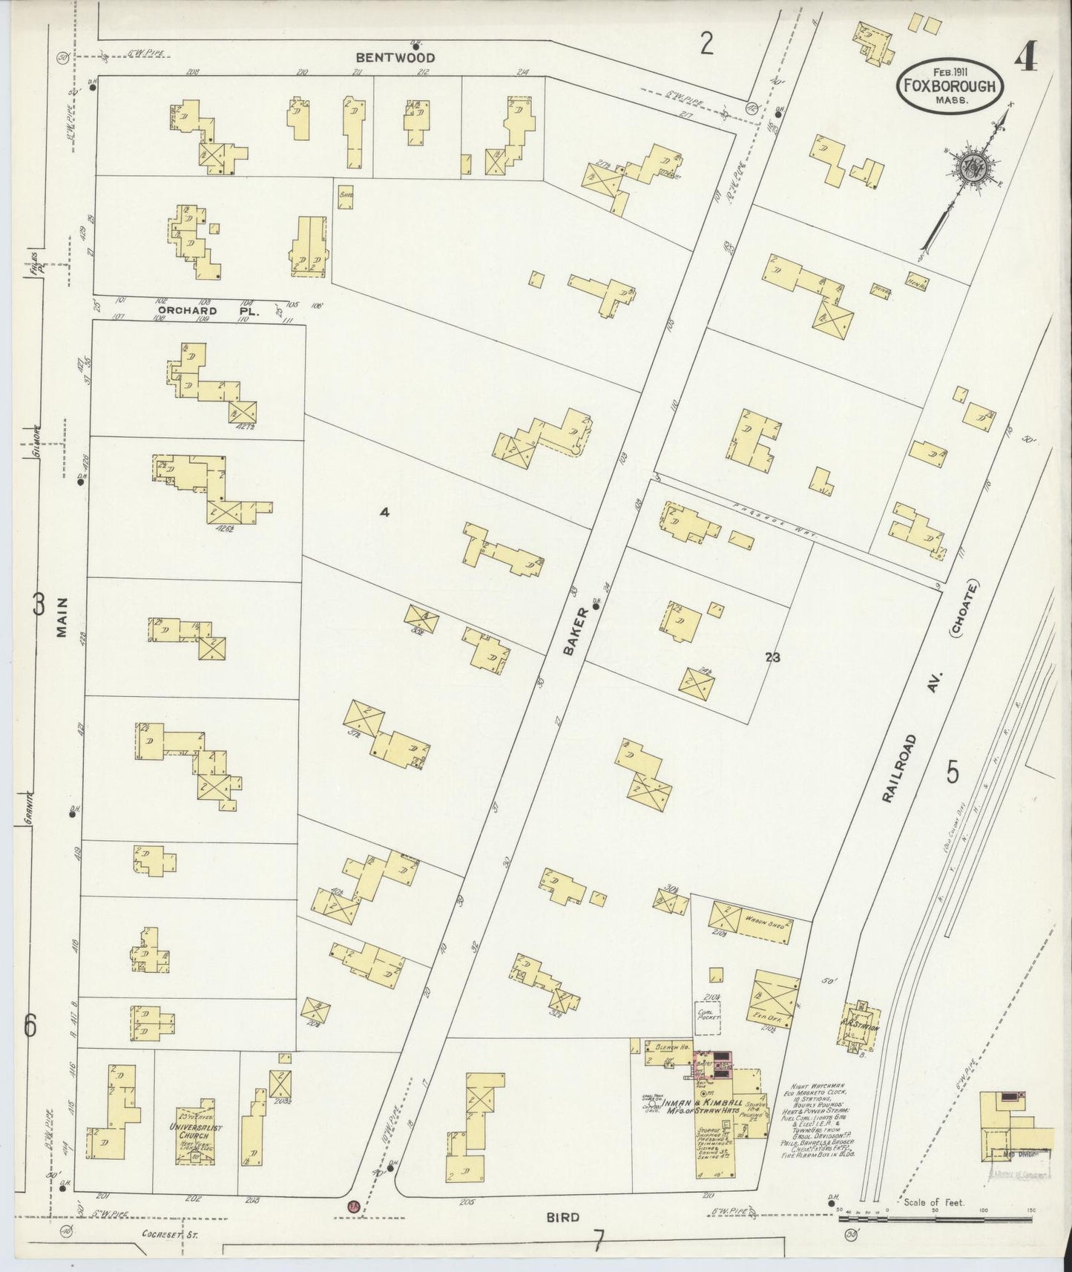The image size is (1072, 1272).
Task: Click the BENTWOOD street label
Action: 394,57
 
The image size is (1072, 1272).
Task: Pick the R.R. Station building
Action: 859,1026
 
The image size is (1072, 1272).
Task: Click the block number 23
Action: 772,657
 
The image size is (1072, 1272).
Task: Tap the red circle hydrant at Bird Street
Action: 353,1206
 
